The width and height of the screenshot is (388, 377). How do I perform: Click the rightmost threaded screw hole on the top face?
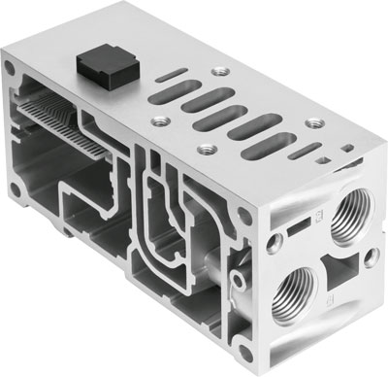click(315, 125)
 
